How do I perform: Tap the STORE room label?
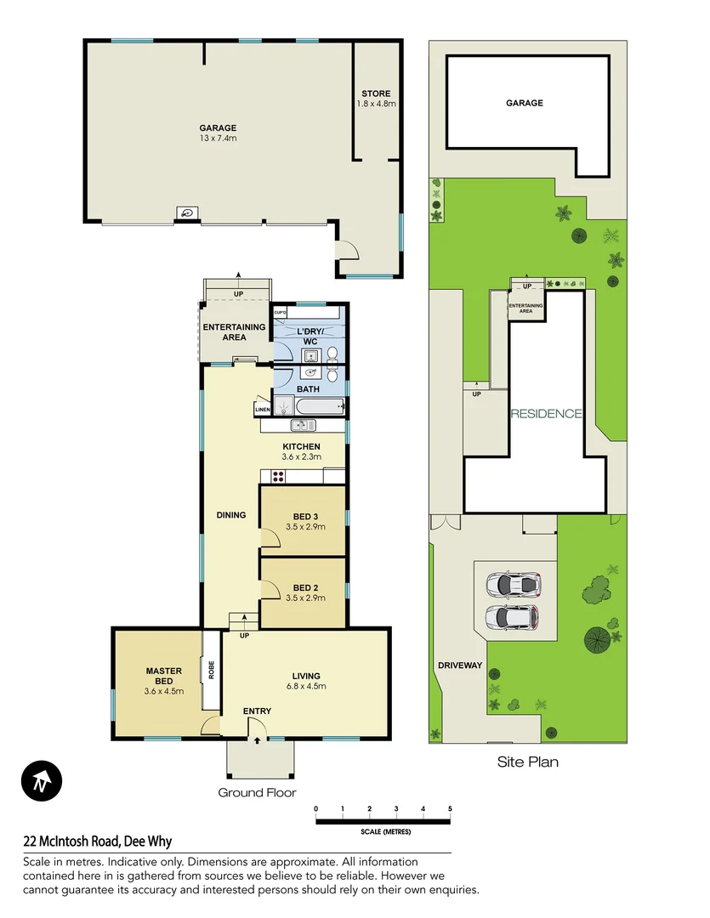[x=376, y=93]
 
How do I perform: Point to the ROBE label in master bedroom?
[x=210, y=671]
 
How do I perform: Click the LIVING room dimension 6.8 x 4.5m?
[x=305, y=686]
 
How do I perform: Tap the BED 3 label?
[x=304, y=517]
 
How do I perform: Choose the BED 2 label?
[x=304, y=587]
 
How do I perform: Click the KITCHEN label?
[x=301, y=446]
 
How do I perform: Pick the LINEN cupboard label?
[x=262, y=411]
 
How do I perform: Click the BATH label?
[x=307, y=389]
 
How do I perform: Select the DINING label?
[x=230, y=514]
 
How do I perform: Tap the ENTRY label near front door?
[x=257, y=711]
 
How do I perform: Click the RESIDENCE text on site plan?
[x=546, y=414]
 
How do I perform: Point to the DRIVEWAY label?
[x=459, y=666]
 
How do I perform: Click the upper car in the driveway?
[x=514, y=585]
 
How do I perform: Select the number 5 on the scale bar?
[x=450, y=808]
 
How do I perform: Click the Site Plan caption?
[x=527, y=762]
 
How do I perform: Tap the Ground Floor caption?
[x=257, y=792]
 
